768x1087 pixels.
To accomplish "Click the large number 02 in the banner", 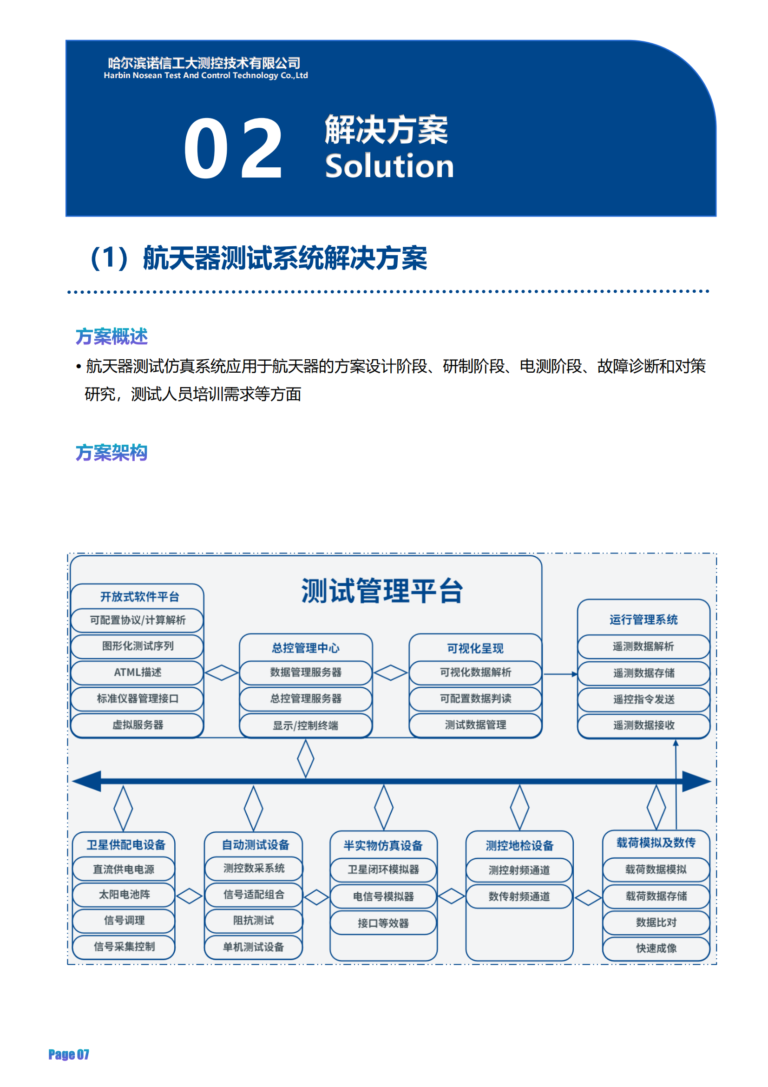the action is coord(233,149).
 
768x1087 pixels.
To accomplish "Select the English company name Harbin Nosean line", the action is coord(206,75).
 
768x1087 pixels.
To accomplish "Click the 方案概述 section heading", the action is coord(112,336).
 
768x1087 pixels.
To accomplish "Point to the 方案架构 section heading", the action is coord(112,453).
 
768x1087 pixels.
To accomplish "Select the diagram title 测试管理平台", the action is coord(382,591).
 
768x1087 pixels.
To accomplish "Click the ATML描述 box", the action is coord(137,672).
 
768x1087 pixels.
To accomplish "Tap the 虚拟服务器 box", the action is coord(137,725).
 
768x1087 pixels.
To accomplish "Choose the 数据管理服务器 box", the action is coord(306,672).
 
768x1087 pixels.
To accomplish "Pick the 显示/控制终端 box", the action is coord(306,725).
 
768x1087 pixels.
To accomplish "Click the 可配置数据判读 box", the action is coord(475,699).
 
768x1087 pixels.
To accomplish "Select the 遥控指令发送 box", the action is coord(643,700).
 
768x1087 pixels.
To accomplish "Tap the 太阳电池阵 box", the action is coord(124,895).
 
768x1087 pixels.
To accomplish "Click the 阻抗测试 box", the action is coord(254,920).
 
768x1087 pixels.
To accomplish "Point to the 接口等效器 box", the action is coord(383,923).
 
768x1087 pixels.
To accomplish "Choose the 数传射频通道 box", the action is coord(519,896).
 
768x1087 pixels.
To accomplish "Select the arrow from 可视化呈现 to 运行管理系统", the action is coord(561,674).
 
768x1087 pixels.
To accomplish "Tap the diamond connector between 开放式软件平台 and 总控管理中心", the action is coord(222,673).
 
